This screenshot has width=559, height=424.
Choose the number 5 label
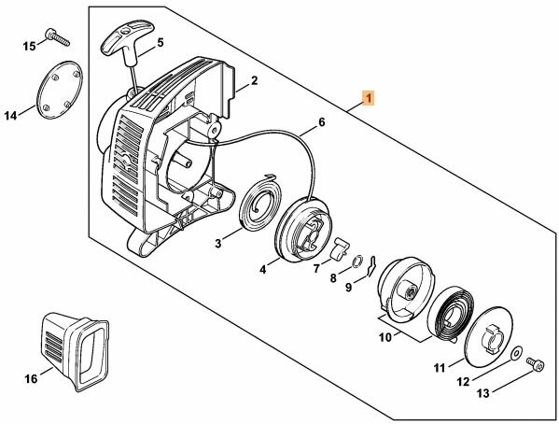[160, 42]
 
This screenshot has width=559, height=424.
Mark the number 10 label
[384, 336]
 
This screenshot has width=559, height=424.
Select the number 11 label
[438, 370]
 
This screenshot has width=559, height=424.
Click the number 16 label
[32, 378]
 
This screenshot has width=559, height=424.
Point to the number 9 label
[348, 287]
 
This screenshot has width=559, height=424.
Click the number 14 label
[11, 116]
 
